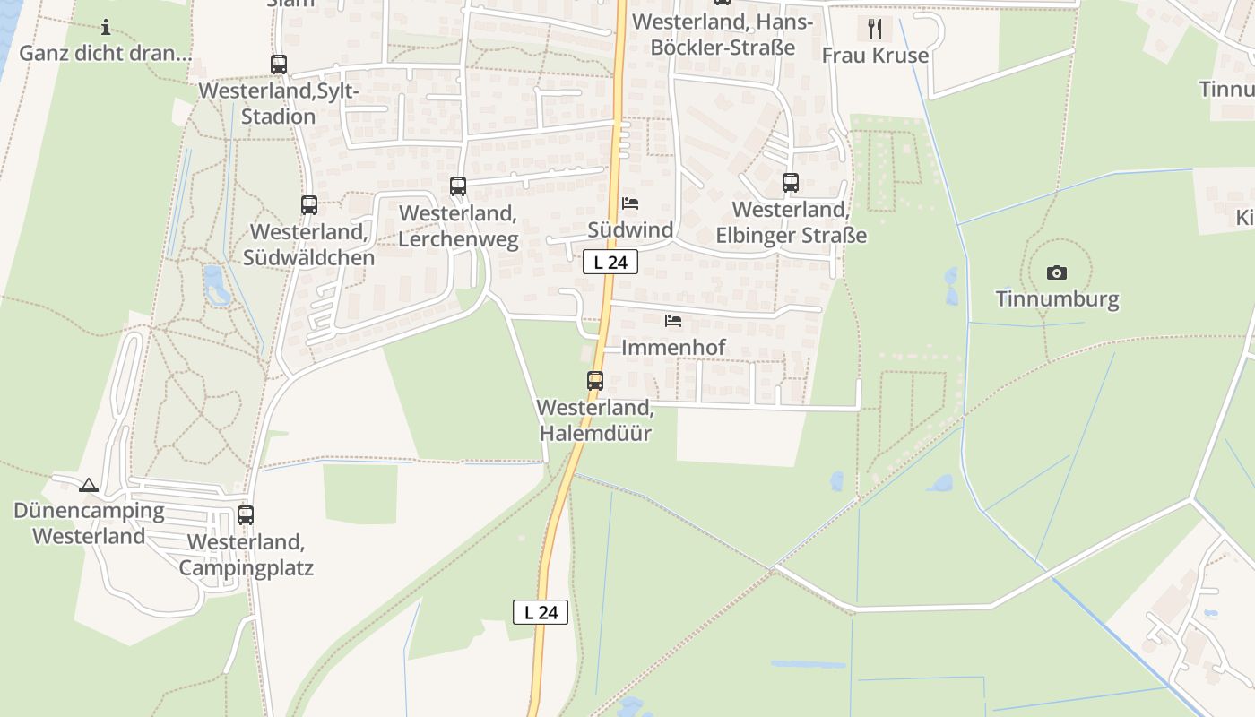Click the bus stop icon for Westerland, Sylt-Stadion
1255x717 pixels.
pyautogui.click(x=279, y=65)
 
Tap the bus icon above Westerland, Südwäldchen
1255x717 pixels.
pyautogui.click(x=309, y=205)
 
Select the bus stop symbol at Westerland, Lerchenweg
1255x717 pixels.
pyautogui.click(x=458, y=186)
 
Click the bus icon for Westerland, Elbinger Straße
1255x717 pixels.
pyautogui.click(x=790, y=183)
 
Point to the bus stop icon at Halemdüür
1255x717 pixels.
pyautogui.click(x=595, y=380)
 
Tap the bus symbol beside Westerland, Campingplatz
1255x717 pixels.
pyautogui.click(x=246, y=515)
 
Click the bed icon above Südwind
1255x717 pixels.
pyautogui.click(x=630, y=203)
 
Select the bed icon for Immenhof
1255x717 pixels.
pyautogui.click(x=673, y=320)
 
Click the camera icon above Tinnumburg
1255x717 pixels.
pyautogui.click(x=1057, y=272)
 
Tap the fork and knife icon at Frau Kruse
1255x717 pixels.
pyautogui.click(x=875, y=29)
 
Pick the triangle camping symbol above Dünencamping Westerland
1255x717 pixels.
pyautogui.click(x=88, y=486)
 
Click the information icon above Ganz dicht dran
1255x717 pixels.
pyautogui.click(x=106, y=27)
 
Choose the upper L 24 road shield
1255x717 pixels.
pyautogui.click(x=610, y=262)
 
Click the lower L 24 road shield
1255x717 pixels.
pyautogui.click(x=541, y=612)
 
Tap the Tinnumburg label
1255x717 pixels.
pyautogui.click(x=1058, y=298)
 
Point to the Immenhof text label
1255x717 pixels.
pyautogui.click(x=673, y=347)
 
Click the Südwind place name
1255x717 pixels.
pyautogui.click(x=630, y=230)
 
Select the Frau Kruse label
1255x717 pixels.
pyautogui.click(x=875, y=56)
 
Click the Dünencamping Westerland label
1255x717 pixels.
pyautogui.click(x=89, y=523)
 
